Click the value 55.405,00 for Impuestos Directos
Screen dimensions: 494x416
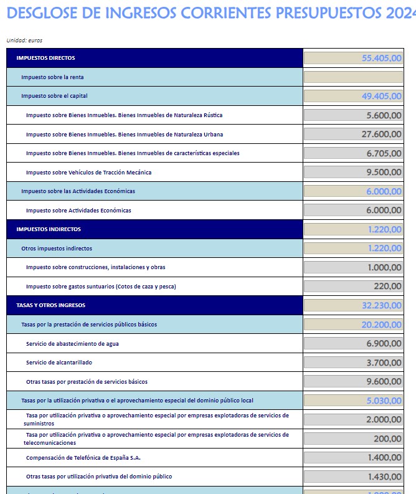[381, 58]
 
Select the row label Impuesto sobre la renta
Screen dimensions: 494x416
[52, 77]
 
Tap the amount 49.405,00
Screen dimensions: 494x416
[381, 96]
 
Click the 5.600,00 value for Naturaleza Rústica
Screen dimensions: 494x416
[384, 115]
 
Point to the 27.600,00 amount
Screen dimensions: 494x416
[381, 134]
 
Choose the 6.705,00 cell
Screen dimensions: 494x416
[384, 153]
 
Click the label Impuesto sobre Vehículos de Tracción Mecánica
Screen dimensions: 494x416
[88, 173]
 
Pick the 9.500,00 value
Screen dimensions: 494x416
[384, 172]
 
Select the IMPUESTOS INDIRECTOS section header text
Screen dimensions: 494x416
[49, 229]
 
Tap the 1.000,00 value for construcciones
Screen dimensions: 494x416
[384, 267]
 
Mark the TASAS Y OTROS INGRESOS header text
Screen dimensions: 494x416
[51, 305]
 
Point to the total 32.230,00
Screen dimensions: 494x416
[381, 305]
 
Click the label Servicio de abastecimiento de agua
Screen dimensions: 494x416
[73, 343]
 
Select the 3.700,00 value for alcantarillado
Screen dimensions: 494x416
[384, 363]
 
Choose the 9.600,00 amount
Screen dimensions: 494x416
[384, 381]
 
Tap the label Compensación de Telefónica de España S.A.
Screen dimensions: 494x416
[83, 458]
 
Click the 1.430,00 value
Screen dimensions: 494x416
[384, 477]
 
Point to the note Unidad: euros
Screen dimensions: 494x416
[24, 40]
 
